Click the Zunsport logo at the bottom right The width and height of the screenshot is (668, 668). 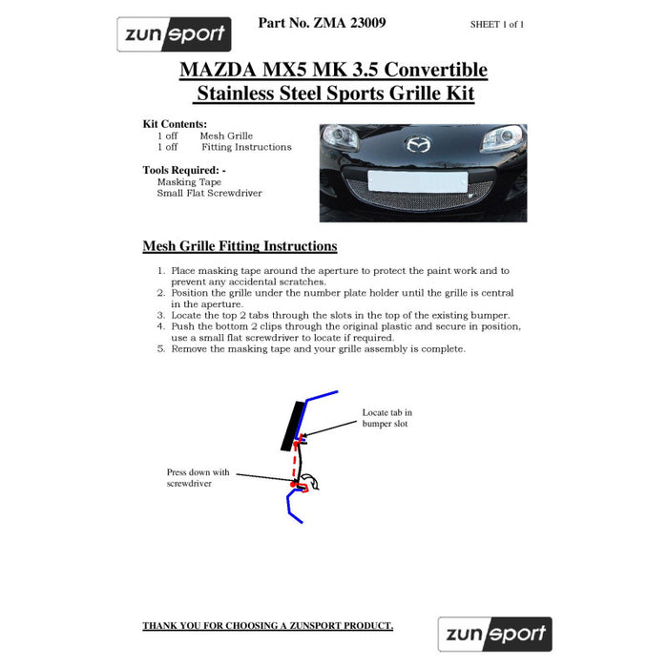(x=494, y=633)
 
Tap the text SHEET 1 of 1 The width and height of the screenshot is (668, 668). (x=497, y=24)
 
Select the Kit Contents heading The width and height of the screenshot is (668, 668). (x=174, y=124)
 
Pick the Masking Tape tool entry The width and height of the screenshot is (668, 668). (x=189, y=181)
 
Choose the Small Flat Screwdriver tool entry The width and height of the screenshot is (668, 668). (x=209, y=193)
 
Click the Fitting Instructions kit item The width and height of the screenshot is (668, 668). (x=246, y=147)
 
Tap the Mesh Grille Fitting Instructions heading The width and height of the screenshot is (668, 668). (x=240, y=246)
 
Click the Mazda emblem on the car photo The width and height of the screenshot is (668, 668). (x=418, y=146)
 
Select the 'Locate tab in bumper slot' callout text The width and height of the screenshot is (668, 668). (x=386, y=418)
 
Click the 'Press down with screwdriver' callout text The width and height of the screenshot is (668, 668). (x=198, y=477)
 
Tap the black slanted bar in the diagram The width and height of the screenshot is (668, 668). (x=290, y=426)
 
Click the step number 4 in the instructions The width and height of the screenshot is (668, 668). (x=161, y=325)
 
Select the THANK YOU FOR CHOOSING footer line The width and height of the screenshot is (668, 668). (x=267, y=626)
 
